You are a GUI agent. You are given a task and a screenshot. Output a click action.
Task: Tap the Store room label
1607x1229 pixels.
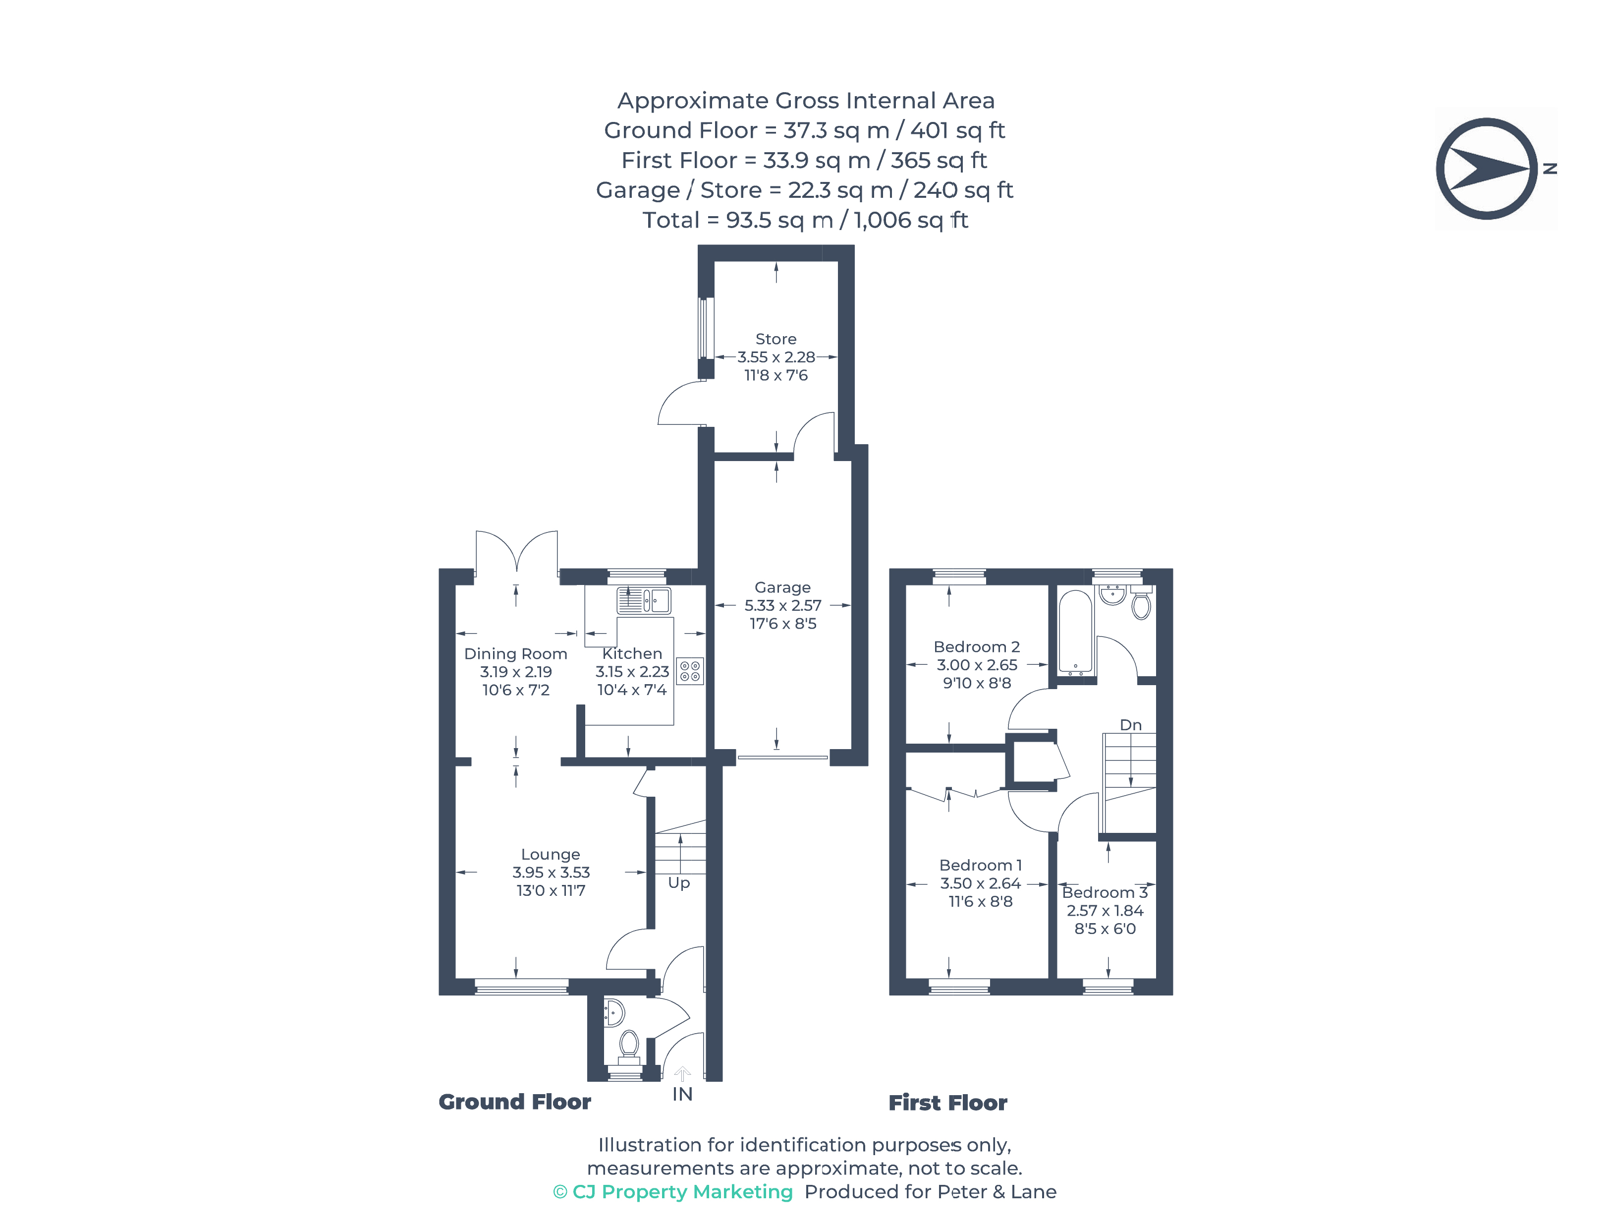click(x=776, y=339)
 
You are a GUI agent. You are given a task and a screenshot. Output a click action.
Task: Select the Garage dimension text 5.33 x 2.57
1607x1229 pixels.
click(x=782, y=605)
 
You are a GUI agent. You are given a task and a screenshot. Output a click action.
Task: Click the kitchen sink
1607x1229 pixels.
click(x=643, y=600)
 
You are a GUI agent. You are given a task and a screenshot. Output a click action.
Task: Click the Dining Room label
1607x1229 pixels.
click(x=515, y=653)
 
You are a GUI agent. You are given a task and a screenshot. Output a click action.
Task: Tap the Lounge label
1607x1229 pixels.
click(x=551, y=854)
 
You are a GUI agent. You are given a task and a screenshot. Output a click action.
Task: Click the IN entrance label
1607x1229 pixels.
click(x=682, y=1094)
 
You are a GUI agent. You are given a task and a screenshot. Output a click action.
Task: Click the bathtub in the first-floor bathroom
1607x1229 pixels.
click(x=1075, y=631)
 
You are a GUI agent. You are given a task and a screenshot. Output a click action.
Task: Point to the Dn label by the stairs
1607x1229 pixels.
click(x=1131, y=724)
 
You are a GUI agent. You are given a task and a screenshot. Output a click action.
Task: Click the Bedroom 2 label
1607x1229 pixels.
click(x=977, y=646)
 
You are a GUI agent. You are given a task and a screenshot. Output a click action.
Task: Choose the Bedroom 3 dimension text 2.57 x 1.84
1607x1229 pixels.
click(x=1105, y=910)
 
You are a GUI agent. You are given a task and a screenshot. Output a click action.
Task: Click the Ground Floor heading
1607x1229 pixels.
click(x=515, y=1102)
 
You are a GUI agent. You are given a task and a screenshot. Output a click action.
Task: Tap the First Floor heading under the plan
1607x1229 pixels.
click(x=947, y=1103)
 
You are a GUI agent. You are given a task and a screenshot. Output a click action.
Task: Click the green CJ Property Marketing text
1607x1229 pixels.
click(x=672, y=1192)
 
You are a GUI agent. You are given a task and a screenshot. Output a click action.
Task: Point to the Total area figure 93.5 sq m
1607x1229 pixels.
click(x=779, y=220)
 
